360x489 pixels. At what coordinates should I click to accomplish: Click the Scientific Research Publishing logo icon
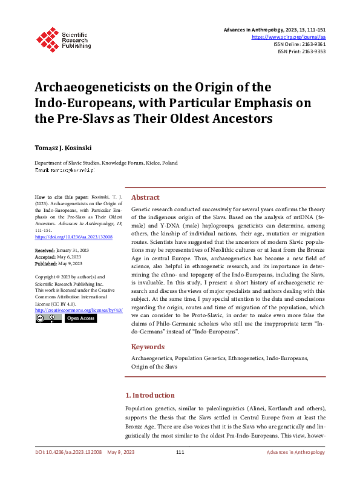pos(47,38)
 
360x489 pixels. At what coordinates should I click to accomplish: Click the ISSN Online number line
pos(300,44)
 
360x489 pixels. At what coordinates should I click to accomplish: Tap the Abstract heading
pos(145,197)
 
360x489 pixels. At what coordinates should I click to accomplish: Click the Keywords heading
pos(148,347)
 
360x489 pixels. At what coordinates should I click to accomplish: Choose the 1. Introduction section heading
pos(153,395)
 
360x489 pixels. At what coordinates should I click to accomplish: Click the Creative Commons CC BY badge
pos(48,318)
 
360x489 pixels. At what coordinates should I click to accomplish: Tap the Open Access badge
pos(80,318)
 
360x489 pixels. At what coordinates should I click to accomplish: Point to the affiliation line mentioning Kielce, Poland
pos(106,163)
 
